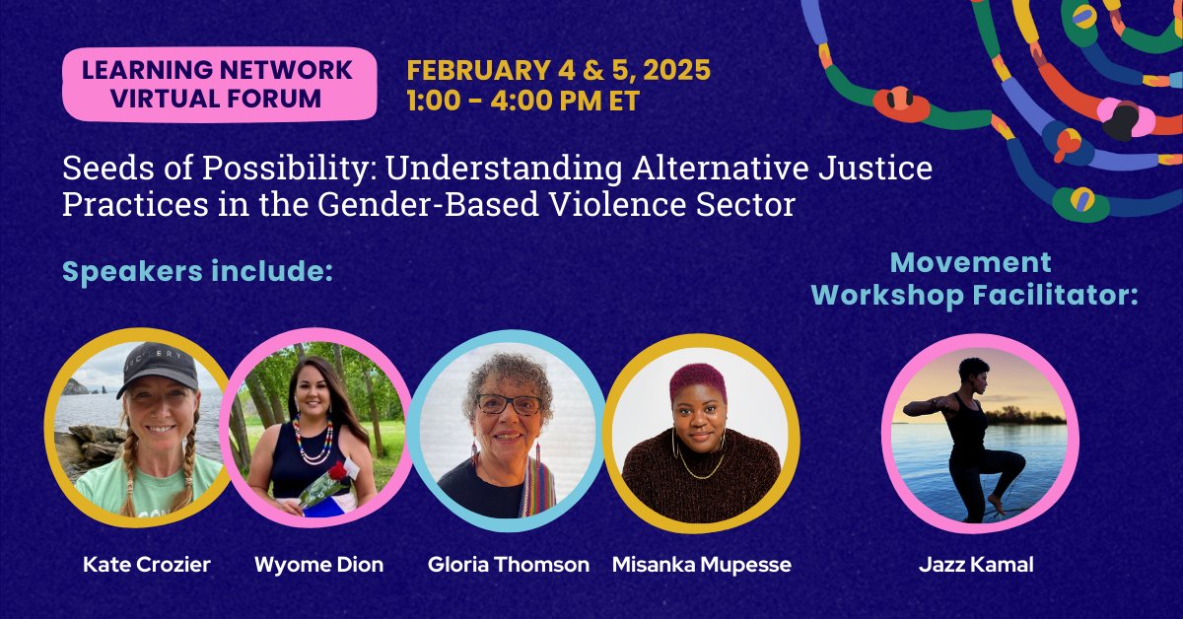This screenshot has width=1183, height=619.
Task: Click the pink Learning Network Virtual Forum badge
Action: click(216, 84)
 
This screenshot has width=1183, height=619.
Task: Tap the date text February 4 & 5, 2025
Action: click(558, 71)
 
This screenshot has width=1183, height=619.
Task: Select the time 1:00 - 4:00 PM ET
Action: click(522, 101)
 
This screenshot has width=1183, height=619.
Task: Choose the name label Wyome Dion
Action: click(318, 565)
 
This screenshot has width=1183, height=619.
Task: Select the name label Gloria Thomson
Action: click(508, 565)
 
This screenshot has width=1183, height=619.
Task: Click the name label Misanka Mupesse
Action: click(701, 565)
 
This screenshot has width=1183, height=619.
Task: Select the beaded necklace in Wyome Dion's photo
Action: click(312, 440)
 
